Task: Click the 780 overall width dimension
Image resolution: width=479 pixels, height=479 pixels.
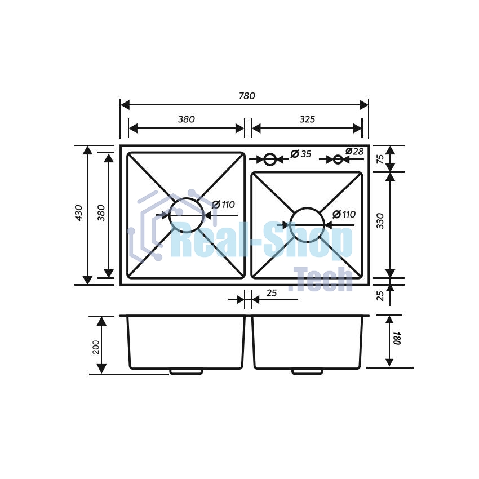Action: [247, 96]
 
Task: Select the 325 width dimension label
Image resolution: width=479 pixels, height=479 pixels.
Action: [307, 119]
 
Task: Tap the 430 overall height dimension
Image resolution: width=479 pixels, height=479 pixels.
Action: [78, 213]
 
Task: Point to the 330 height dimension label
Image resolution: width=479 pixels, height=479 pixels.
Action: [380, 221]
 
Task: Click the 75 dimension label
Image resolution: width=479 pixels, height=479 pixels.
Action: [380, 159]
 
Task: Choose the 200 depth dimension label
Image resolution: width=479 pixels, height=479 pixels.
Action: [96, 347]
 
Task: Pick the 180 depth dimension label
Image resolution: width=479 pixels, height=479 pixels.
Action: [397, 338]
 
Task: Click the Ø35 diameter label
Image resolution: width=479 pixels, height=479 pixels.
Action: [300, 154]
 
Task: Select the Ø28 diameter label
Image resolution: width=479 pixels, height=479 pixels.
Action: [354, 151]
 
